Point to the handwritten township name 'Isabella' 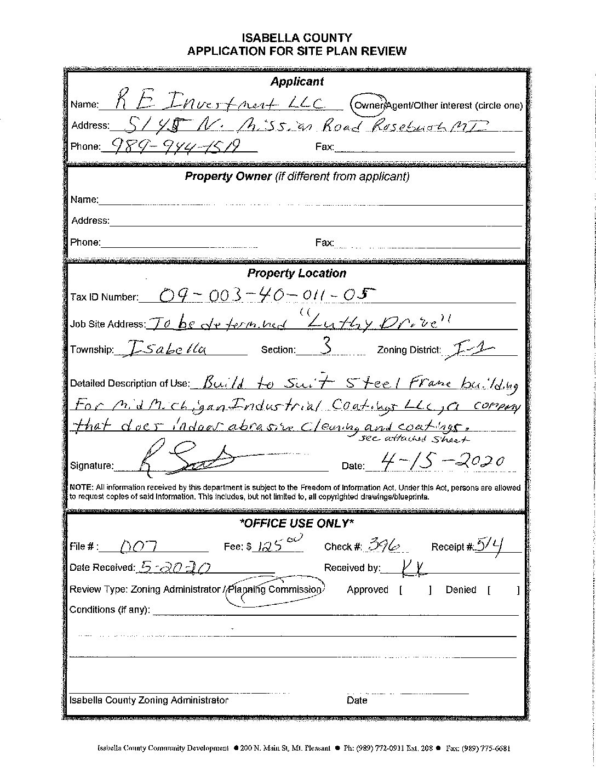tap(165, 349)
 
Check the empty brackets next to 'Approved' tap(416, 590)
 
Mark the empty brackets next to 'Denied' tap(502, 590)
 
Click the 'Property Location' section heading tap(296, 273)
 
